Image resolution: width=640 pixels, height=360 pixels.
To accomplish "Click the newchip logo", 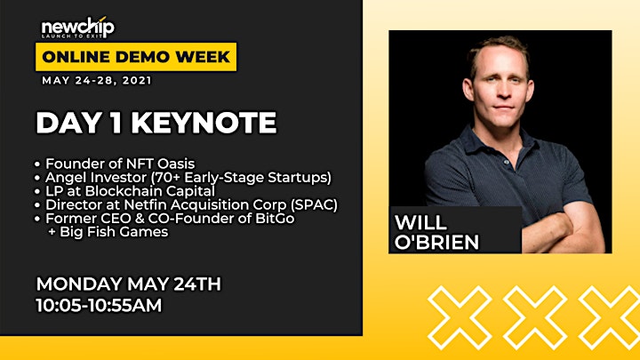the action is click(x=78, y=28).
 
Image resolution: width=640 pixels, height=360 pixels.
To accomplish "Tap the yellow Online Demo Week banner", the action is click(x=136, y=57).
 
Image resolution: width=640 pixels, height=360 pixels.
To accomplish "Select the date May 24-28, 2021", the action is click(x=97, y=80).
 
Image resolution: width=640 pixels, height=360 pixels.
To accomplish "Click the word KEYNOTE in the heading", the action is click(x=204, y=123).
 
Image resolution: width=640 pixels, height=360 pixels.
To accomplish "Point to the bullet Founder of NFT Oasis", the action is click(x=120, y=164).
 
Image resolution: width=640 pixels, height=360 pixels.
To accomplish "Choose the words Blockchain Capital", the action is click(x=150, y=191).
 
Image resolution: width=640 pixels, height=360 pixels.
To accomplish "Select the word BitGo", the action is click(x=275, y=219).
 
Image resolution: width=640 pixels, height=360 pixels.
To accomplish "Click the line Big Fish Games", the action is click(x=108, y=232).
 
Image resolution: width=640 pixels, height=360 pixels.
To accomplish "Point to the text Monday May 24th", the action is click(x=129, y=284).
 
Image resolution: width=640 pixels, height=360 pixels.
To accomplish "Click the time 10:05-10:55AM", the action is click(x=99, y=305).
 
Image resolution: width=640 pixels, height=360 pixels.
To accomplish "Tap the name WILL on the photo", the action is click(x=420, y=223).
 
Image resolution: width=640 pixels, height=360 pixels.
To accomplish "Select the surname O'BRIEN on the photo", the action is click(x=436, y=242).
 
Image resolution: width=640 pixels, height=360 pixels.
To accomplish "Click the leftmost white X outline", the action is click(x=460, y=318).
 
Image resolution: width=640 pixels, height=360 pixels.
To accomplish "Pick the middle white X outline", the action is click(x=535, y=318).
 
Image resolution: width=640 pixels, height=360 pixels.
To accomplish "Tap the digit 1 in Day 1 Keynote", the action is click(x=117, y=123).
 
